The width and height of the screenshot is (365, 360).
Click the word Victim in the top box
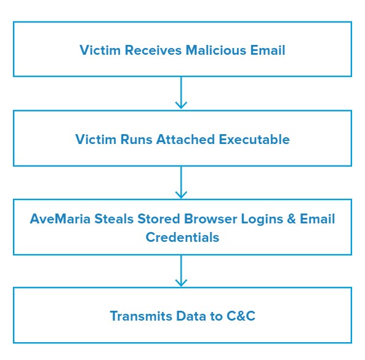point(100,50)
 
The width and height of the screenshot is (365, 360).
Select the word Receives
point(153,50)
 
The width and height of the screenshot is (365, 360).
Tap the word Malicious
point(216,50)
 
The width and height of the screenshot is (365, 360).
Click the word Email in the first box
point(268,50)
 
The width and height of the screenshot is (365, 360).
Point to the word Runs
point(137,140)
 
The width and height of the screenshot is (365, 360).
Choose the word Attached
point(185,140)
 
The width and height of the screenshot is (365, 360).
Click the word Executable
point(254,140)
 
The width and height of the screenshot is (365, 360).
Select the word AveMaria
point(60,218)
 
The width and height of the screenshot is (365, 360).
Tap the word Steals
point(114,218)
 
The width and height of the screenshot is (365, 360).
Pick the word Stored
point(159,218)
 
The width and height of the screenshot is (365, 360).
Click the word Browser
point(211,218)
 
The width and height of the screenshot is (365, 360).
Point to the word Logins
point(262,218)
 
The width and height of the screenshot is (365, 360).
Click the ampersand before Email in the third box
point(291,218)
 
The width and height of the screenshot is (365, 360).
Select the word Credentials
point(182,238)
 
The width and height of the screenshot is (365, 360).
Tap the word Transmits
point(141,316)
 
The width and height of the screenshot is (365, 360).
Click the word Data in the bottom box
point(191,316)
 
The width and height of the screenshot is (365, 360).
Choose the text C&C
point(241,316)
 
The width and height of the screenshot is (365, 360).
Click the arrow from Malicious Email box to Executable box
point(181,93)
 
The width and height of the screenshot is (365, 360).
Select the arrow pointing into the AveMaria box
point(181,182)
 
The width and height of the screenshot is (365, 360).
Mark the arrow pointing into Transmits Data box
point(181,271)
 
